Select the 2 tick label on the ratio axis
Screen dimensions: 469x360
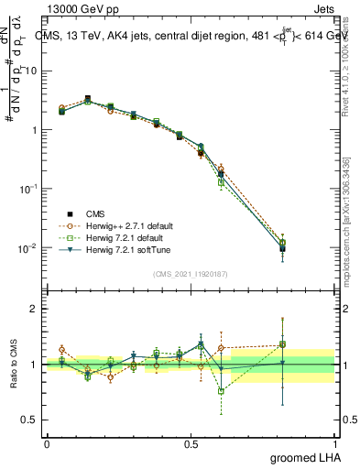pos(33,309)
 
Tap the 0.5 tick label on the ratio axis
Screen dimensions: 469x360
pos(29,420)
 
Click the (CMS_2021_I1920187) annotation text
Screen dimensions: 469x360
pos(191,274)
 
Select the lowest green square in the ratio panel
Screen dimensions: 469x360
pos(221,391)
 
